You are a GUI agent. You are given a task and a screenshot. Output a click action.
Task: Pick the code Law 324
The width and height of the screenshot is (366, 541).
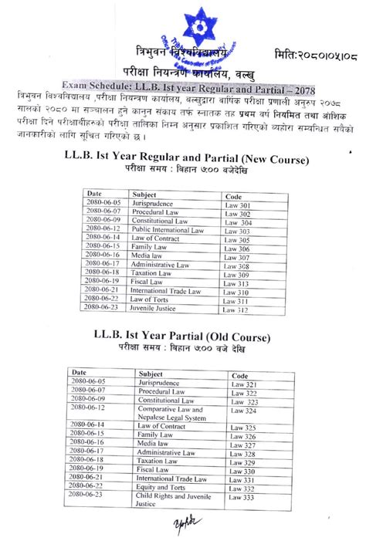pos(243,410)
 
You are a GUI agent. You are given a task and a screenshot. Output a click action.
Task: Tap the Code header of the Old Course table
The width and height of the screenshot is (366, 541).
pos(239,374)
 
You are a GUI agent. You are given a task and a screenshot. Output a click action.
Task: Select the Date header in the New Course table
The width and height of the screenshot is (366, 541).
pos(94,193)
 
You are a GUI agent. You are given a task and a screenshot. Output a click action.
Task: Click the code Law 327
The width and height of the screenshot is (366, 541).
pos(243,445)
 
